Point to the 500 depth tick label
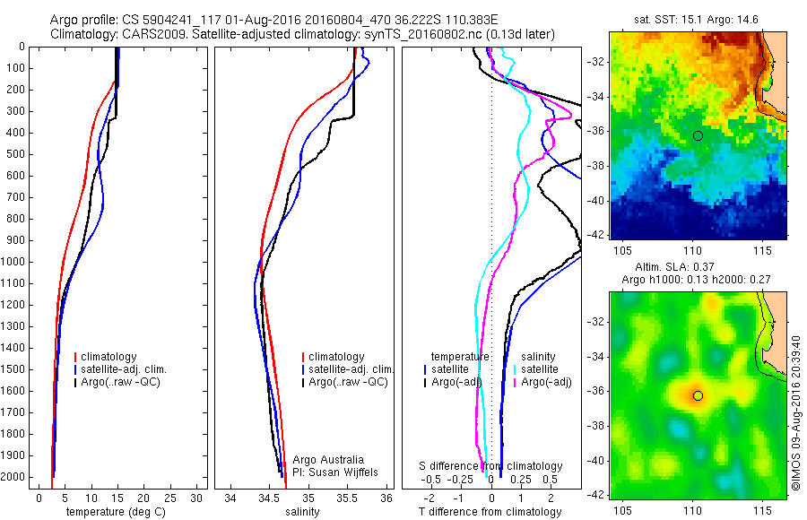[x=14, y=154]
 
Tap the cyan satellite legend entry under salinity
[x=539, y=369]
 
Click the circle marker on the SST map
[x=698, y=135]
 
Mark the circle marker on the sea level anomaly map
[x=698, y=395]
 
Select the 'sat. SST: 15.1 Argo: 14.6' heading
[x=698, y=19]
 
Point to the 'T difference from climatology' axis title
[x=490, y=512]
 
